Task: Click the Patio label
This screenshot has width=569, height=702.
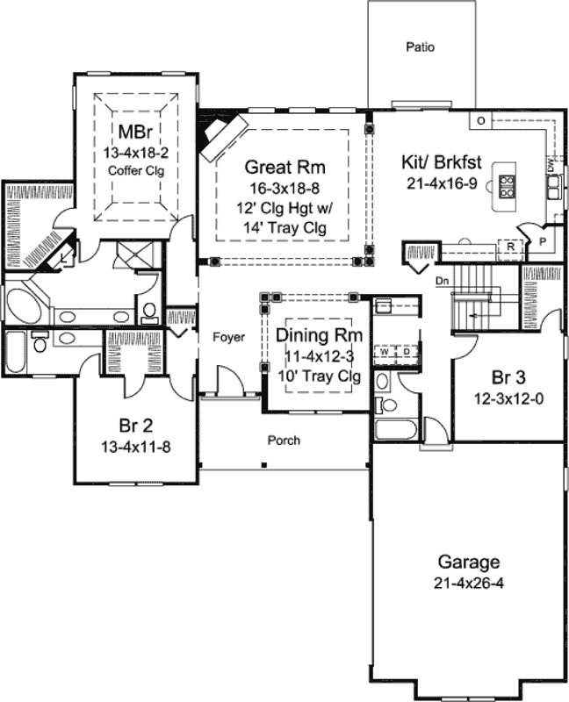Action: click(x=421, y=47)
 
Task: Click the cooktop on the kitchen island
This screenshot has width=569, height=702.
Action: click(x=508, y=183)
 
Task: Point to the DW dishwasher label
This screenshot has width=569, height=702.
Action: click(x=550, y=164)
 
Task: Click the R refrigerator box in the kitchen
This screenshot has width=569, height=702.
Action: click(x=510, y=247)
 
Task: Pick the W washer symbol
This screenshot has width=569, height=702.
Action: click(x=385, y=352)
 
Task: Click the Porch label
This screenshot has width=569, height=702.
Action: click(x=284, y=441)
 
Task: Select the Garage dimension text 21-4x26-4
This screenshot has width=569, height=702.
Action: click(x=470, y=583)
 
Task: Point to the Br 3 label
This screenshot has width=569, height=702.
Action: click(x=508, y=378)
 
